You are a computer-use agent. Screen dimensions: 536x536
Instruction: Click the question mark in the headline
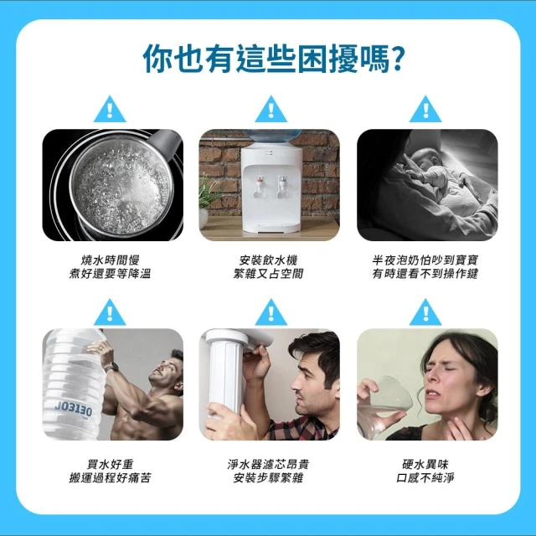(x=396, y=59)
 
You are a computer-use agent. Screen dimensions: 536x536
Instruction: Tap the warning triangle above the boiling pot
(x=110, y=111)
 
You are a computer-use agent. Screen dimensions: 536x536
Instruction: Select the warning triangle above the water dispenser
(x=271, y=111)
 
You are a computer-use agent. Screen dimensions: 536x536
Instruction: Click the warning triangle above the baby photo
(x=425, y=111)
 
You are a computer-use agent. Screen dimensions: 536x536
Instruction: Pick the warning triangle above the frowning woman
(x=425, y=313)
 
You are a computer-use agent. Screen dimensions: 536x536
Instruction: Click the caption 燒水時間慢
(x=110, y=260)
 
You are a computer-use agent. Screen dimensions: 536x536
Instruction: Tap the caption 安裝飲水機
(x=268, y=260)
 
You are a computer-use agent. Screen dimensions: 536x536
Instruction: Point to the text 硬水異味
(x=425, y=464)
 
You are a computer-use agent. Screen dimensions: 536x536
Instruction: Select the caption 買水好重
(x=110, y=464)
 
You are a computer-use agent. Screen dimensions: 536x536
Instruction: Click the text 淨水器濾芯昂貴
(x=268, y=464)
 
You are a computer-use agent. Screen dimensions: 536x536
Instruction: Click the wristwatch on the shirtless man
(x=111, y=367)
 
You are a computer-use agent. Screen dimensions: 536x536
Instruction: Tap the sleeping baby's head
(x=426, y=158)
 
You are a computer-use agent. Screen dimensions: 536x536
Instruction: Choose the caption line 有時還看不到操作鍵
(x=425, y=274)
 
